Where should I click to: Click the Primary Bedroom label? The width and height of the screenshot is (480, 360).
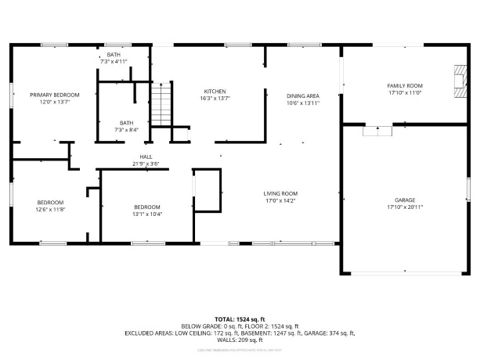(55, 95)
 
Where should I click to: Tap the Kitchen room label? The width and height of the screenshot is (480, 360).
(215, 91)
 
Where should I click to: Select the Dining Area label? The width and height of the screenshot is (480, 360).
(303, 95)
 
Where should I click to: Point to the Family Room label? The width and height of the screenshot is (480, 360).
(405, 85)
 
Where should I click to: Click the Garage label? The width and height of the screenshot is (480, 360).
(405, 200)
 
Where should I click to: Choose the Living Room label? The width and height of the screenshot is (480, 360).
(280, 193)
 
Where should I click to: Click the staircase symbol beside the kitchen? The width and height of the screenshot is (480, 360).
(161, 103)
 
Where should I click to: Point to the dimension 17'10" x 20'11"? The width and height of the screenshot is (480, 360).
(405, 208)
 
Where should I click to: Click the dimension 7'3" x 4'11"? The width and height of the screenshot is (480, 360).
(114, 61)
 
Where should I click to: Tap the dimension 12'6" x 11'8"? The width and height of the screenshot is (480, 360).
(50, 210)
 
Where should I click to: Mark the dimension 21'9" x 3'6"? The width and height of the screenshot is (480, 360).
(146, 164)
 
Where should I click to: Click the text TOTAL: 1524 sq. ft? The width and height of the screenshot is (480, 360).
(240, 319)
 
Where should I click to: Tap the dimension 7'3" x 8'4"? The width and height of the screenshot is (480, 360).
(125, 130)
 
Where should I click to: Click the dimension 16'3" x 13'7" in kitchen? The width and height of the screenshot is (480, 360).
(215, 99)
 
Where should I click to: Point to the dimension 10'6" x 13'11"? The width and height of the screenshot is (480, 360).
(303, 103)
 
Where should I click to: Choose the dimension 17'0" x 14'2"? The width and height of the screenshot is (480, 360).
(280, 201)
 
